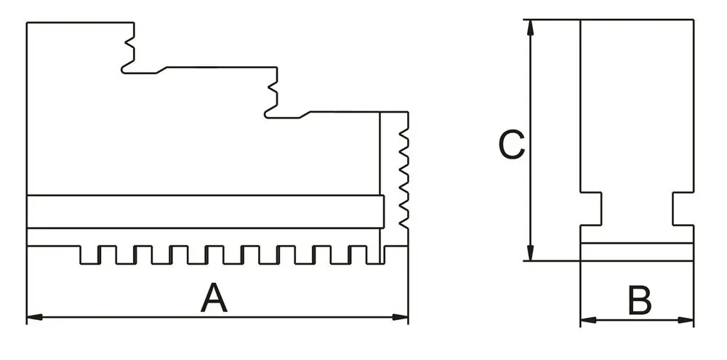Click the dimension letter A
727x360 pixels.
coord(214,299)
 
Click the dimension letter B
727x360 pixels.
coord(640,301)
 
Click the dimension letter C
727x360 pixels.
coord(511,145)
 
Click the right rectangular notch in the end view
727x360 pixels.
coord(682,209)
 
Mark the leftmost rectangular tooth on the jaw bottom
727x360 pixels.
coord(89,255)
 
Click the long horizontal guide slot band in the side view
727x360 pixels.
coord(204,212)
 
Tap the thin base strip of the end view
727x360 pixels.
coord(637,252)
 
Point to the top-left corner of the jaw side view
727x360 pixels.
coord(27,23)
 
